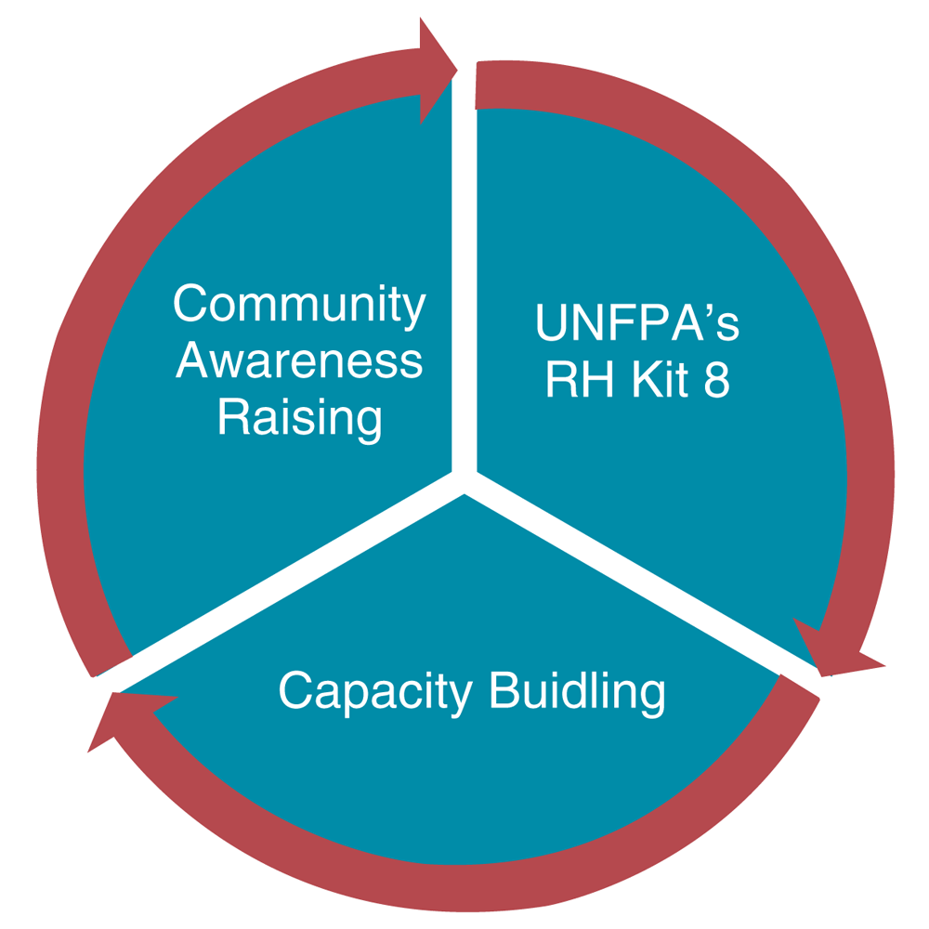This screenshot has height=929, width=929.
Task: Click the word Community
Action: tap(299, 307)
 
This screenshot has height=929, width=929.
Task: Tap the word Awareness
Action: tap(299, 361)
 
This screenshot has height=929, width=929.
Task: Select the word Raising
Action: tap(299, 417)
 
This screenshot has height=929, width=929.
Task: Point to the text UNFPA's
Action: tap(637, 325)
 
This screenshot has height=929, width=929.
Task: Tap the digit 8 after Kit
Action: tap(716, 381)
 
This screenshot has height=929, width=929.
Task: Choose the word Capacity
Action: tap(376, 692)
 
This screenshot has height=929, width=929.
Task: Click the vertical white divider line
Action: tap(464, 279)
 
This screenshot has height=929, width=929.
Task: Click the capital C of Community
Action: tap(190, 305)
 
